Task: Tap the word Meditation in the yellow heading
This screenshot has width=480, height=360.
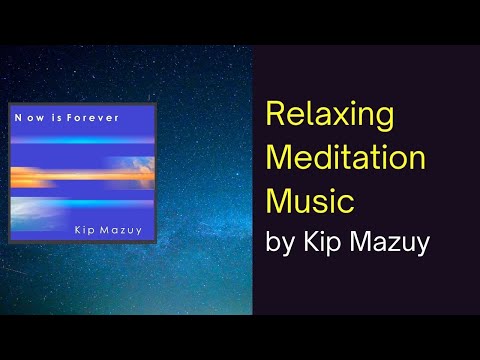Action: (x=346, y=157)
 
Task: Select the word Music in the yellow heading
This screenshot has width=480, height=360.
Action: (x=310, y=199)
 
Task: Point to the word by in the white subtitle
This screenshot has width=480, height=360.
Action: (x=283, y=242)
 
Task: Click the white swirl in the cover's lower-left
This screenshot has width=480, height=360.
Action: (x=40, y=211)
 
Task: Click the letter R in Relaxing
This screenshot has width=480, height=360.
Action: (x=276, y=115)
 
